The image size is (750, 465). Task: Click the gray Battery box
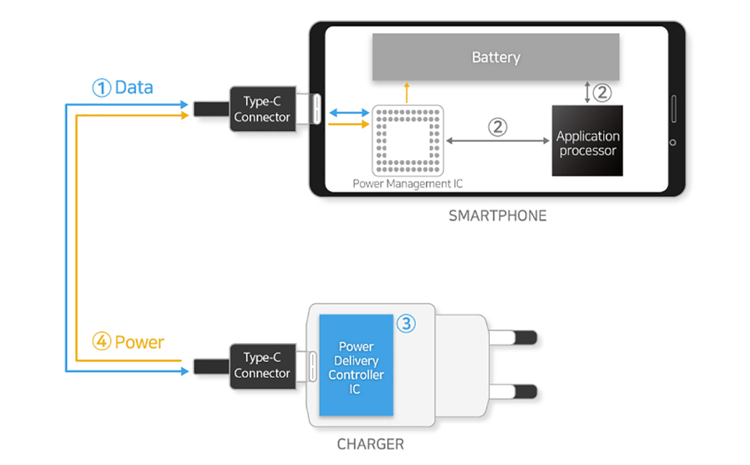pos(495,57)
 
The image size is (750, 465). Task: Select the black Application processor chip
pos(587,141)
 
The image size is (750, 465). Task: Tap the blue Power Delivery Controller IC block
pos(356,366)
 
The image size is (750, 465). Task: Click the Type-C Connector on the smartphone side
pos(262,110)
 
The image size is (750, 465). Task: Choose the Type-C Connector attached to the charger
pos(262,365)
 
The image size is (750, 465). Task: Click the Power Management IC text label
pos(408,183)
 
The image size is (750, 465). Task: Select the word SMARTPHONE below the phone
pos(497,215)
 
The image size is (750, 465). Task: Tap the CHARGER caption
pos(369,444)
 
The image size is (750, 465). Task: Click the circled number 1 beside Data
pos(101,89)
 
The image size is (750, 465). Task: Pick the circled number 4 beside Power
pos(101,343)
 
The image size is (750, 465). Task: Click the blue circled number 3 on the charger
pos(406,324)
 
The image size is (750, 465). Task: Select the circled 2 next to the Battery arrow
pos(602,93)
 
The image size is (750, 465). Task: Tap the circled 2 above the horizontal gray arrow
pos(497,127)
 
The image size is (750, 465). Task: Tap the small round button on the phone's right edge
pos(673,143)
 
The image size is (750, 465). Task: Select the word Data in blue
pos(133,88)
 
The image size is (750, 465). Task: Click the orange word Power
pos(139,343)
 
